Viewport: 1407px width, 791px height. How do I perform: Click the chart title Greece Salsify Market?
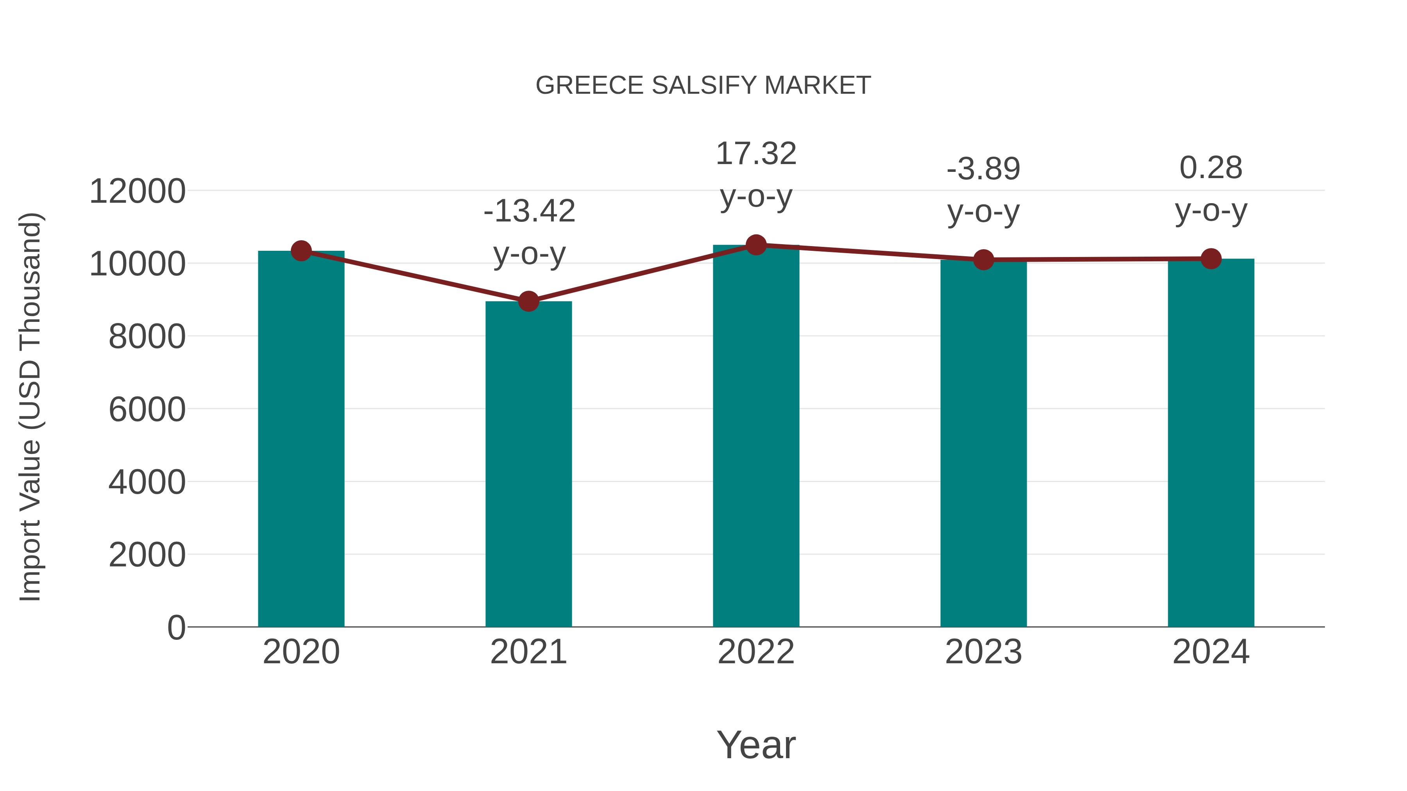tap(703, 86)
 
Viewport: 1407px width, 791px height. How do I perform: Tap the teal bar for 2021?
tap(528, 464)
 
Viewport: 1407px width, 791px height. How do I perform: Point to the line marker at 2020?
tap(301, 251)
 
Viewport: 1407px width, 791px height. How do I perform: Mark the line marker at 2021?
tap(528, 301)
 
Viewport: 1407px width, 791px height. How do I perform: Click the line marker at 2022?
tap(756, 245)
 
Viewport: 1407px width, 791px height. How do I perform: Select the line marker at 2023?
tap(983, 260)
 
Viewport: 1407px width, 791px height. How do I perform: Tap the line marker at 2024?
tap(1211, 259)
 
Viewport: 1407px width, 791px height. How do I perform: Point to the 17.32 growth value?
tap(756, 154)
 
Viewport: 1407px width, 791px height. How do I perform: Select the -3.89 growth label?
tap(983, 169)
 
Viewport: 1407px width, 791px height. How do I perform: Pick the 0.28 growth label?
tap(1211, 168)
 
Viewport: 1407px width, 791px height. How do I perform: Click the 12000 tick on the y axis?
tap(137, 192)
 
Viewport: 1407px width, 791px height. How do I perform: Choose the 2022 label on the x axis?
tap(756, 652)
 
